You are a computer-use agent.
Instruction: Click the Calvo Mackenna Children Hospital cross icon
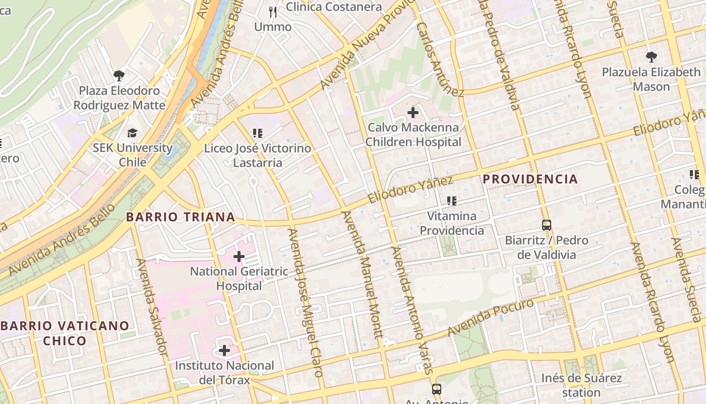point(413,113)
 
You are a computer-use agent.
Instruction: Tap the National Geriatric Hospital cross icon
point(239,257)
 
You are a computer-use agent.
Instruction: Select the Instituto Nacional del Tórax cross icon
point(224,350)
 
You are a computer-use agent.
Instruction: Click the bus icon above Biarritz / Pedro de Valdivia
point(547,225)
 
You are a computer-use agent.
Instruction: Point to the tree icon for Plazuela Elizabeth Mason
point(651,57)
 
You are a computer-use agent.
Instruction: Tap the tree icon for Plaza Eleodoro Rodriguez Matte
point(119,76)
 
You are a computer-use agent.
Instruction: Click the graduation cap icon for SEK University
point(132,133)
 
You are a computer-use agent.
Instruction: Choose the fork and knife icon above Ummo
point(273,12)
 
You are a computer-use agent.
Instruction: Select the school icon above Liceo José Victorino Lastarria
point(258,133)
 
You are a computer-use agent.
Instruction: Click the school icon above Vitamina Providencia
point(451,201)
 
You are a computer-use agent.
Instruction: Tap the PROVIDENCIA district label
point(530,179)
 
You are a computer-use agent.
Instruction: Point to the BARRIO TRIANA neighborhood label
point(181,217)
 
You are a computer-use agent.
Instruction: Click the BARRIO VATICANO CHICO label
point(65,333)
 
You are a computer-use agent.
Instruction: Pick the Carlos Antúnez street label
point(440,59)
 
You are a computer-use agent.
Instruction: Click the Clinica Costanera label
point(334,7)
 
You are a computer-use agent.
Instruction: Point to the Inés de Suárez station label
point(581,385)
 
